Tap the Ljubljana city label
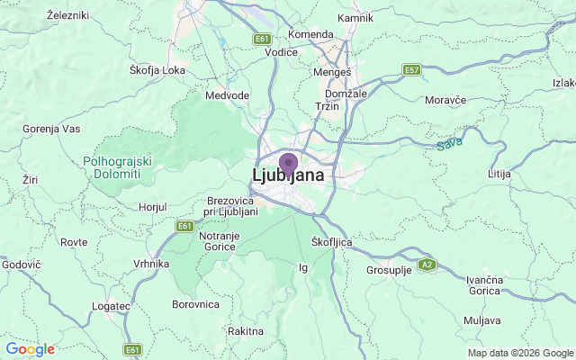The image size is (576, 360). [288, 175]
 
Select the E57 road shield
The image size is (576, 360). [412, 69]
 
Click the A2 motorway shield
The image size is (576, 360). [427, 264]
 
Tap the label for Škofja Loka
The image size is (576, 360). [157, 69]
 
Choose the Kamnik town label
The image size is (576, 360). [354, 18]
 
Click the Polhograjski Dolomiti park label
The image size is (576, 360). [117, 166]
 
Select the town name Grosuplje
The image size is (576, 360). [388, 270]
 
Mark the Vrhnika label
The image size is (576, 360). [151, 264]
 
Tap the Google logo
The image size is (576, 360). [30, 349]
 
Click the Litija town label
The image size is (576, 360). [499, 173]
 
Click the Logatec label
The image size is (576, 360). [111, 306]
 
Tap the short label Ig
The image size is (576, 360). [303, 267]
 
